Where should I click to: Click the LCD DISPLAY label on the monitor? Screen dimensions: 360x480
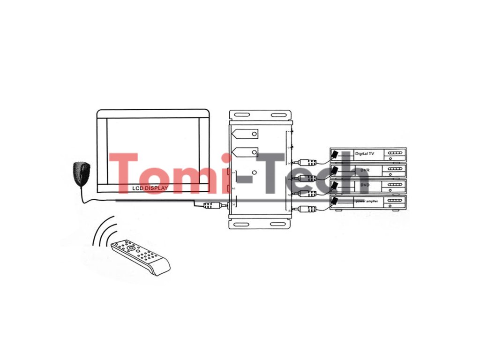click(x=150, y=188)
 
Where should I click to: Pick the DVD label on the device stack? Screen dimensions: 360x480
click(x=365, y=186)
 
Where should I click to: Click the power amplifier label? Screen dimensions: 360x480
click(x=366, y=201)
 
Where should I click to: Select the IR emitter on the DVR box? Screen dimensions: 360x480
click(x=335, y=169)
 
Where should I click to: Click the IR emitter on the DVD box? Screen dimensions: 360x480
click(x=335, y=186)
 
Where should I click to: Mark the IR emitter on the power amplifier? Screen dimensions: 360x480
click(x=335, y=202)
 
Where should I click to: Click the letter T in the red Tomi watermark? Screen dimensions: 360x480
click(x=124, y=173)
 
